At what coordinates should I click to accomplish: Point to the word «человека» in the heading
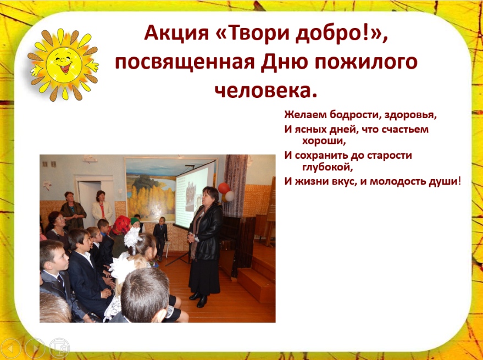tap(263, 90)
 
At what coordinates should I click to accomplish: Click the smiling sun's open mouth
tap(65, 67)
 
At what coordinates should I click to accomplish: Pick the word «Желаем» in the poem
tap(306, 115)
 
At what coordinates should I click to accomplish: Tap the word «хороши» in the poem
tap(323, 141)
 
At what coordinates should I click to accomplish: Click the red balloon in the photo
tap(224, 188)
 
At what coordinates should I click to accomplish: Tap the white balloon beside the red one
tap(230, 196)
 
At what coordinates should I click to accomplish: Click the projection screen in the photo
tap(195, 195)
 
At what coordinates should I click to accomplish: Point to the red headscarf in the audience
tap(121, 225)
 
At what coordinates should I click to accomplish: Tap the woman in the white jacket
tap(102, 209)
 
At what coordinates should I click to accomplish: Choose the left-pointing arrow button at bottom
tap(10, 348)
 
